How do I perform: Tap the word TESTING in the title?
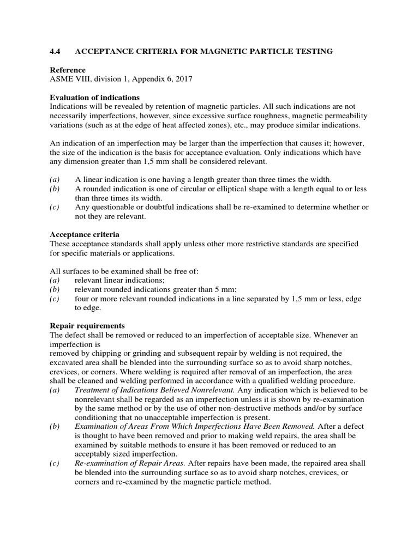click(x=313, y=51)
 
